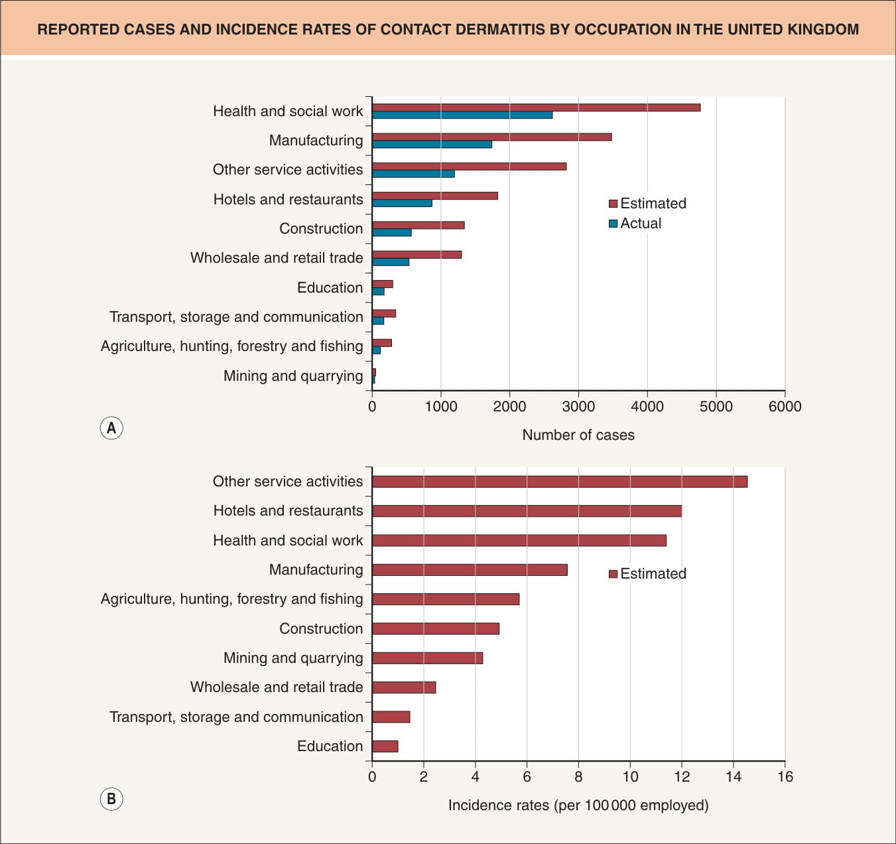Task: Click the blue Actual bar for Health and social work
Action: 462,115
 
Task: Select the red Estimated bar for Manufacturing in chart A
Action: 492,137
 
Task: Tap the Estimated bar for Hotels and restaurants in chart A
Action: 435,196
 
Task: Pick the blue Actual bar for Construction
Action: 392,232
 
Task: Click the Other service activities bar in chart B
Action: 560,481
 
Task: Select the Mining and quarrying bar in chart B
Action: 428,658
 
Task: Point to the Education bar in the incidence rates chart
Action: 385,746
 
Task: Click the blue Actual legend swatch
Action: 613,224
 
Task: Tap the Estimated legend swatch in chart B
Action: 613,574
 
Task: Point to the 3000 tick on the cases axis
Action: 578,407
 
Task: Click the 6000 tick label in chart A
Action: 785,407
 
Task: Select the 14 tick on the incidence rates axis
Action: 734,777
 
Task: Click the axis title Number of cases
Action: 578,435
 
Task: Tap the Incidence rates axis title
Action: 578,806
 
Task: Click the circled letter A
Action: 111,428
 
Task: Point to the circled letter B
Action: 111,799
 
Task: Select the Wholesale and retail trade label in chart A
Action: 277,258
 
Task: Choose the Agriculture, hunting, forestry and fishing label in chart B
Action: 232,599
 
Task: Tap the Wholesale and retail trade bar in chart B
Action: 405,687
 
